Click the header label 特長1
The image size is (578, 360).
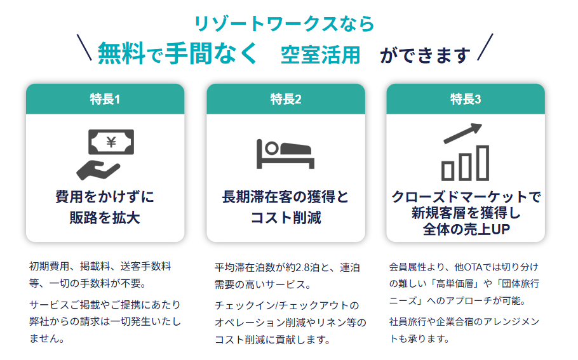click(x=105, y=99)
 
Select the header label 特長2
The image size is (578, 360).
click(x=286, y=99)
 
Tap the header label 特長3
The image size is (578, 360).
click(x=466, y=99)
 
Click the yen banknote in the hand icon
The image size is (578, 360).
click(x=111, y=142)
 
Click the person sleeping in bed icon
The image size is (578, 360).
click(x=285, y=153)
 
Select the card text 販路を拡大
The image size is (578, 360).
click(x=105, y=218)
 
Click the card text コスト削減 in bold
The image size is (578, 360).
click(x=285, y=218)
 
